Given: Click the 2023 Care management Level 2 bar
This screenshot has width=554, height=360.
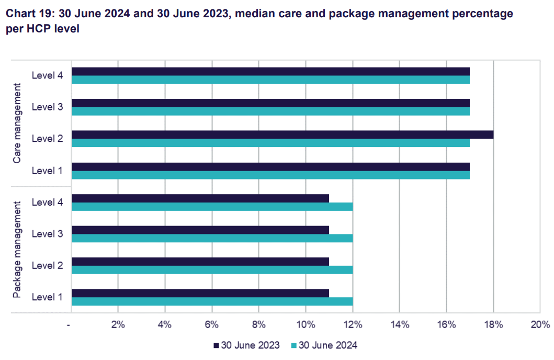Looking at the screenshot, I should pos(282,134).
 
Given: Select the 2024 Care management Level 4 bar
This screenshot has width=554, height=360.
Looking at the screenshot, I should pos(270,80).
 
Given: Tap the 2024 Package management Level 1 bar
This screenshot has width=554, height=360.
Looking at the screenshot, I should pos(212,301).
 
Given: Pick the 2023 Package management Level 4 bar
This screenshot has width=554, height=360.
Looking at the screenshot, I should pos(200,198).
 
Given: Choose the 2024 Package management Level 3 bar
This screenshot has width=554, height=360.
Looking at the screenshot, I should pos(212,238).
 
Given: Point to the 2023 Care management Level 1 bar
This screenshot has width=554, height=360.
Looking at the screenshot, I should pos(270,166).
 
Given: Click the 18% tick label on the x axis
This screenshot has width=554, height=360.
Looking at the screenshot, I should pos(493,325).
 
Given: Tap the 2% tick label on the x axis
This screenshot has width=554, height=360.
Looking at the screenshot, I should pos(118,325).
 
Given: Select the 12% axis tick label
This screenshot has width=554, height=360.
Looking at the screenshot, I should pos(353,325).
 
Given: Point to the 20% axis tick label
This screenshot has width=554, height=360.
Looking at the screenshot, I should pos(540,325).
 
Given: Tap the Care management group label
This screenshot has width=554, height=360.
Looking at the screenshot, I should pos(17,122).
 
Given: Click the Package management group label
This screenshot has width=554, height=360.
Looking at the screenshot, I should pos(17,249).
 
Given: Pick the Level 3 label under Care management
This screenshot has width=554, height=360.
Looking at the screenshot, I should pos(47,107).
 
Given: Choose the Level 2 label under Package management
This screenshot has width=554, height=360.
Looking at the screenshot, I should pos(47,265).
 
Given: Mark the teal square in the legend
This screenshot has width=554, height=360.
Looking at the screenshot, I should pos(293,345).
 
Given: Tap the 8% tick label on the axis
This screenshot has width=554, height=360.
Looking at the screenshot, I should pos(258,325).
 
